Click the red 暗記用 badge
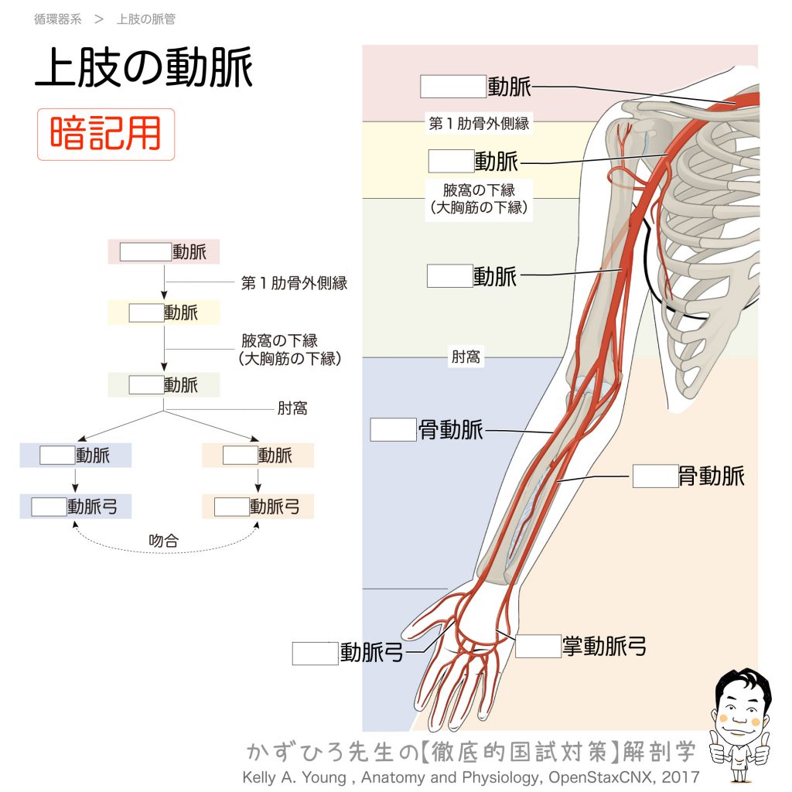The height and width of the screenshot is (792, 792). coord(106,134)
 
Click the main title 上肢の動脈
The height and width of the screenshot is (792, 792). coord(144,69)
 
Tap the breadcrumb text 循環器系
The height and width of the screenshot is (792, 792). coord(57,19)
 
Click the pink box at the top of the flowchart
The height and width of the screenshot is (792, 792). coord(163,252)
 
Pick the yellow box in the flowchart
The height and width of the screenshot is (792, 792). coord(163,312)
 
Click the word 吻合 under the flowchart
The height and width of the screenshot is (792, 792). coord(163,541)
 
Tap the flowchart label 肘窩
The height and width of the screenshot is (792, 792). coord(292,408)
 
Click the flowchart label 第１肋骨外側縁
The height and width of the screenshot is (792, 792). coord(294,283)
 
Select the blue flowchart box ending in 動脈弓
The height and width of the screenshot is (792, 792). coord(75,507)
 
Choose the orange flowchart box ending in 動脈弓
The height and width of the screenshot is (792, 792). coord(258,507)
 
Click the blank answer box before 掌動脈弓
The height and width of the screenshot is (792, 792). coord(538,646)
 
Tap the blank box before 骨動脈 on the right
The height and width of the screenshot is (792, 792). coord(655,476)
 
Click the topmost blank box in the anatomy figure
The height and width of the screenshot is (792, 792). coord(452,87)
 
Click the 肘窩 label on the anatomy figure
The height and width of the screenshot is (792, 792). coord(465,358)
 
